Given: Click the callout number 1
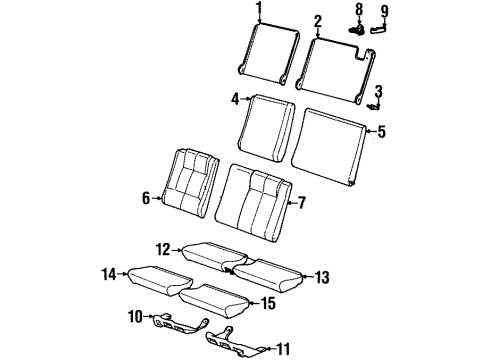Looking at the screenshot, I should pyautogui.click(x=258, y=11).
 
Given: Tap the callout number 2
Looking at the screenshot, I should pyautogui.click(x=317, y=20).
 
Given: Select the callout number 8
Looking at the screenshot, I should pyautogui.click(x=359, y=11).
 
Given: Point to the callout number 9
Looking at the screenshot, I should pyautogui.click(x=385, y=11).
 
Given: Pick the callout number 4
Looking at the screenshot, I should pyautogui.click(x=235, y=99).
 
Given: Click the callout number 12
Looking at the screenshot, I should pyautogui.click(x=162, y=248).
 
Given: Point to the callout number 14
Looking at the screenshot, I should pyautogui.click(x=108, y=271).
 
